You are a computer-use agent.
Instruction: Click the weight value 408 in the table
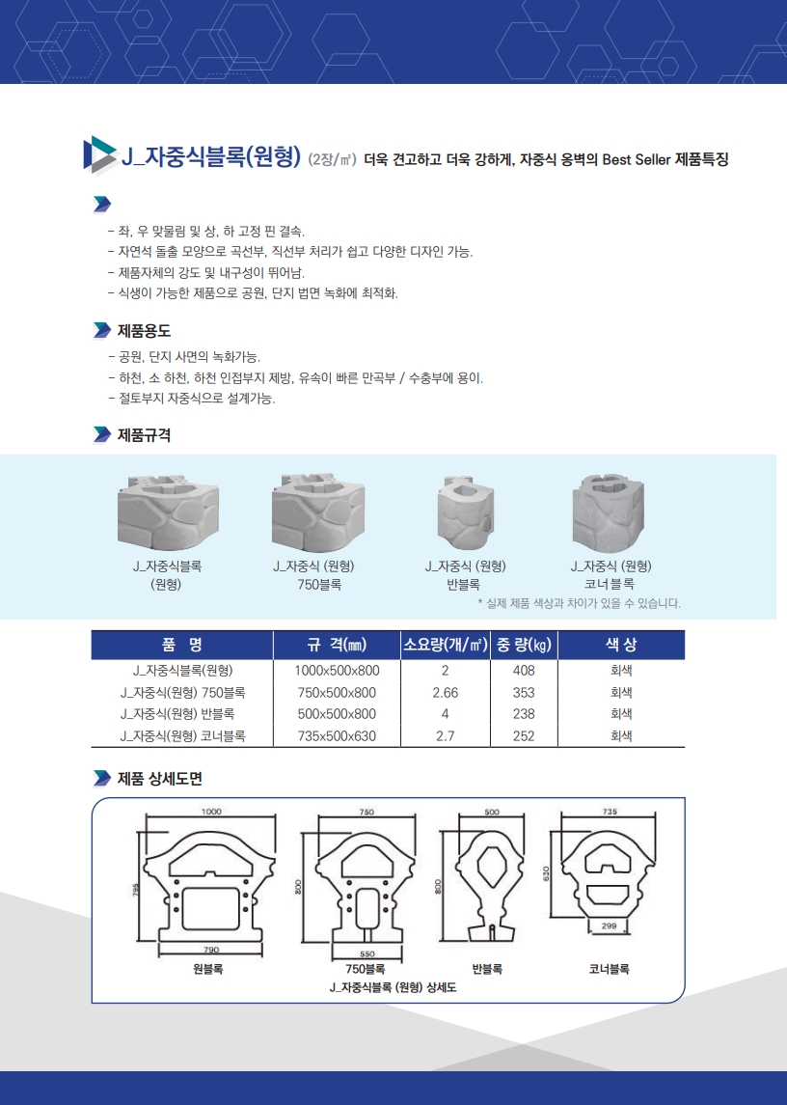[524, 670]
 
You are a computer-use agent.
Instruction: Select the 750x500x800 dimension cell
[337, 693]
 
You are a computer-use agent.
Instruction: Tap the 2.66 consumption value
[446, 693]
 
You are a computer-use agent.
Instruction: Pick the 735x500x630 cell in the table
[337, 735]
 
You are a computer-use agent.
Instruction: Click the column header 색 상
[621, 644]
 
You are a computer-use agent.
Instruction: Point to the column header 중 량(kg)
[524, 644]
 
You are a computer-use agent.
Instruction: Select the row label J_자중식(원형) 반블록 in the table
[176, 714]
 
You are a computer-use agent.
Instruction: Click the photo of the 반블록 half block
[465, 512]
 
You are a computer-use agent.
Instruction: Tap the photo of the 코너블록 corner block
[609, 512]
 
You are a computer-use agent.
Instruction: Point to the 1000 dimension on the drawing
[211, 811]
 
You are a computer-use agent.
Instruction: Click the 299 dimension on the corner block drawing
[610, 925]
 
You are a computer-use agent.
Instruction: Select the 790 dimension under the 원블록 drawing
[211, 950]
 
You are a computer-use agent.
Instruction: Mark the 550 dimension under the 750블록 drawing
[367, 953]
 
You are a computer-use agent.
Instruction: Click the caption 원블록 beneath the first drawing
[208, 969]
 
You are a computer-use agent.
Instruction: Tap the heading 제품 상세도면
[160, 778]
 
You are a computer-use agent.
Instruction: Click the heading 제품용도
[144, 330]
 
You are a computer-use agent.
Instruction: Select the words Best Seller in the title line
[637, 159]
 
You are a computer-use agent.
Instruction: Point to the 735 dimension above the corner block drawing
[610, 811]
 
